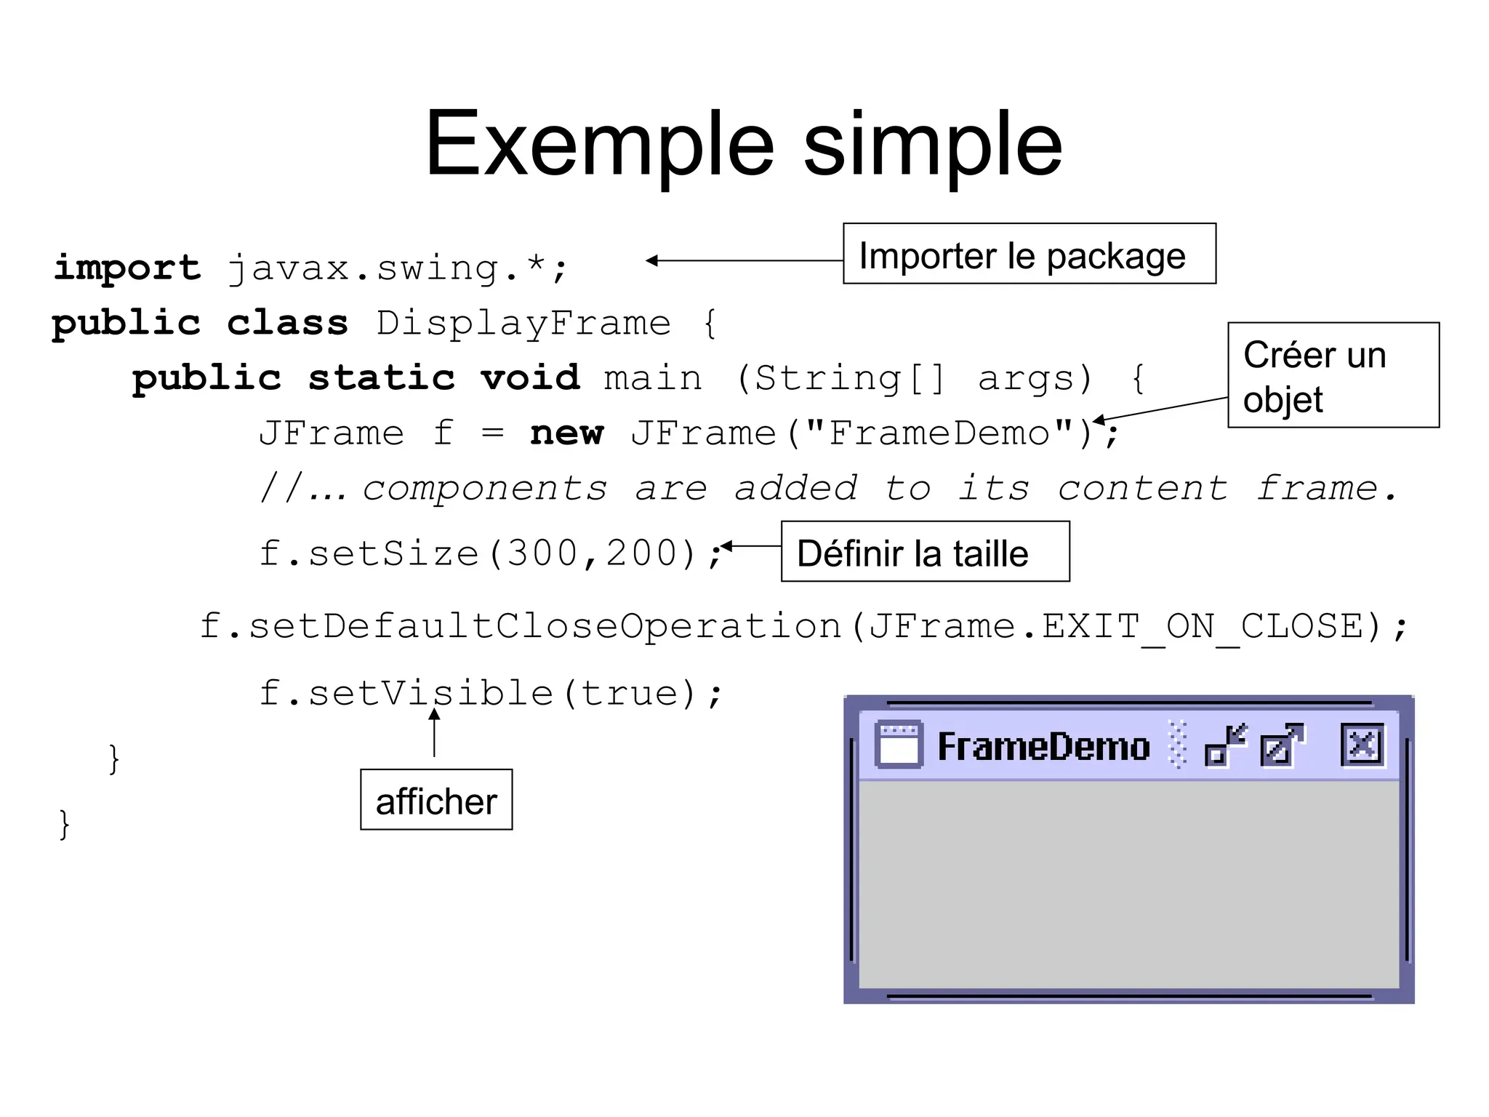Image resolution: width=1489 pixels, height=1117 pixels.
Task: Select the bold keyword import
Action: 127,268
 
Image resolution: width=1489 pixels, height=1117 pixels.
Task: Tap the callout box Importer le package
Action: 1029,254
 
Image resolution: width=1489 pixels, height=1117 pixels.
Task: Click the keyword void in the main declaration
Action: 530,378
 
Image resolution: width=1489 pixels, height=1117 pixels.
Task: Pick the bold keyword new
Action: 566,433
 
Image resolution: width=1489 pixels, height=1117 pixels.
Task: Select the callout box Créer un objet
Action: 1333,375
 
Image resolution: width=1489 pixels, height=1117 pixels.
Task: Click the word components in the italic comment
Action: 484,488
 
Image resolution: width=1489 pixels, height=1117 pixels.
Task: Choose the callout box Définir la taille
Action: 925,552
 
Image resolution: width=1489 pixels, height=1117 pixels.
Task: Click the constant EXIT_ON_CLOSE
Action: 1203,627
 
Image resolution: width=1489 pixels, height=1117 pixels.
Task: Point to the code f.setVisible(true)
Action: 490,693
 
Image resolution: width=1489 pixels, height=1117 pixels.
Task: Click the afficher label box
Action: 436,800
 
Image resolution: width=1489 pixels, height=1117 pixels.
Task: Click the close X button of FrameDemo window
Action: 1362,745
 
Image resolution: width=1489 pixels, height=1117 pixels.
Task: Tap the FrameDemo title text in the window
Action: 1043,747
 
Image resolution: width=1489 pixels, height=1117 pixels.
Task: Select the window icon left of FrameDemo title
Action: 899,745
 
